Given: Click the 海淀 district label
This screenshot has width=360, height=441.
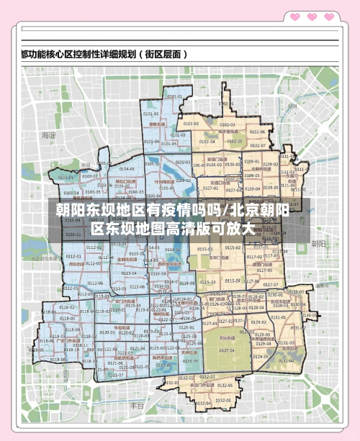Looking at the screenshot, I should click(x=48, y=135).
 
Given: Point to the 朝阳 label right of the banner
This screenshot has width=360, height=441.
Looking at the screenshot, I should click(x=318, y=244).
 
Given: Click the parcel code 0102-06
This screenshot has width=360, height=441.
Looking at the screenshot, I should click(x=258, y=132).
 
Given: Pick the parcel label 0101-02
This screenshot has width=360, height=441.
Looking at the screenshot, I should click(x=150, y=114).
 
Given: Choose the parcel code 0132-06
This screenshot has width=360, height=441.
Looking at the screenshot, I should click(x=223, y=401).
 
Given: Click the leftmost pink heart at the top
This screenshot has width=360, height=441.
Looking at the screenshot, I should click(x=293, y=16).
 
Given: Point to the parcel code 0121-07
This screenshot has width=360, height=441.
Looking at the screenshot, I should click(x=116, y=375).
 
